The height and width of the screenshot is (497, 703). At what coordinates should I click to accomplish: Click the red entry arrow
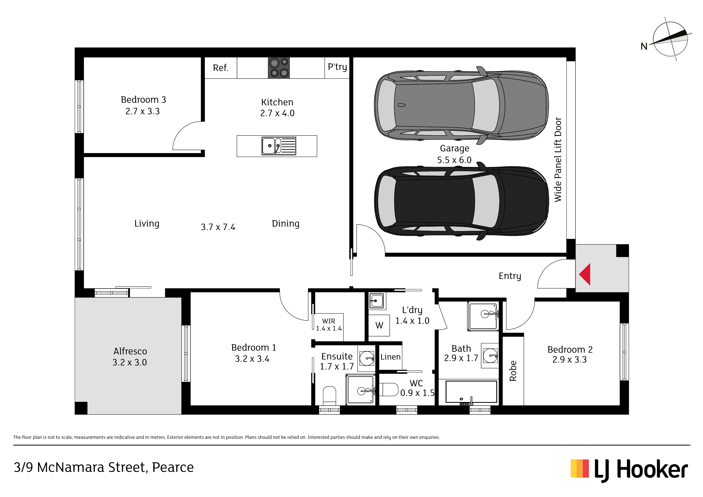click(585, 274)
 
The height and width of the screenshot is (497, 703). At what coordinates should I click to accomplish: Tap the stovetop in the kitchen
click(279, 68)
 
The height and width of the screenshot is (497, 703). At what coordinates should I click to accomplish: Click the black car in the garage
click(461, 201)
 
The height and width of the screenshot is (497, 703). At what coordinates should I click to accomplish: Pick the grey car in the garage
click(461, 105)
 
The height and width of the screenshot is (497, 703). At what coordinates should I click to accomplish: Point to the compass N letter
click(644, 46)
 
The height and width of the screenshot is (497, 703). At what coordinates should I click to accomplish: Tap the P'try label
click(337, 67)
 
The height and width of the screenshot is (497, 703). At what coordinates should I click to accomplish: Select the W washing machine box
click(379, 325)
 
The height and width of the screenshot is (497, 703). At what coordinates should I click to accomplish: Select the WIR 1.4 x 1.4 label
click(328, 325)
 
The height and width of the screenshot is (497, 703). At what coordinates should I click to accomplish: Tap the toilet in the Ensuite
click(329, 396)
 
